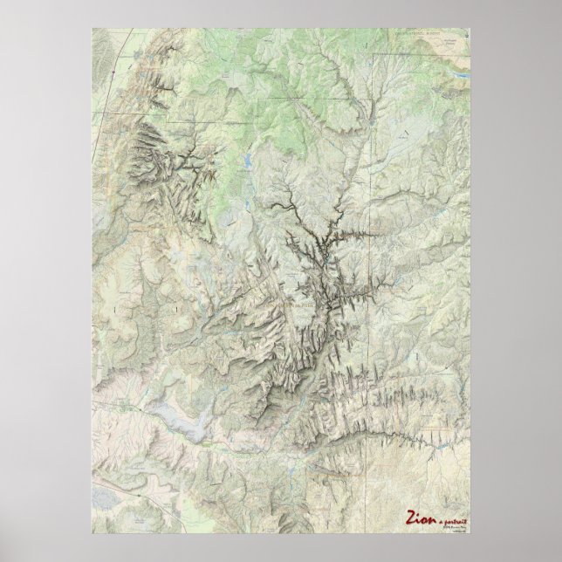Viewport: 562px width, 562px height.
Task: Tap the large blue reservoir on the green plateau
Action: (247, 162)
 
